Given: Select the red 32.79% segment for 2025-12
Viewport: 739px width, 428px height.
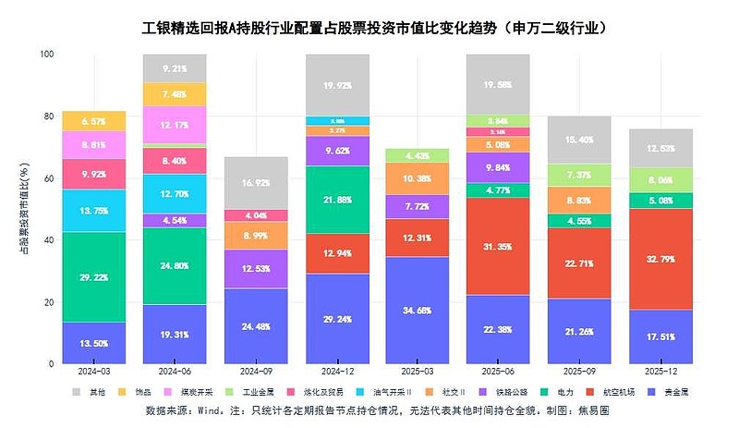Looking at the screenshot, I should click(660, 260).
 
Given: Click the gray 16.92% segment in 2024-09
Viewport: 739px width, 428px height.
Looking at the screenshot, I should click(255, 183).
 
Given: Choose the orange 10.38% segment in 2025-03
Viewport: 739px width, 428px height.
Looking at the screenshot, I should click(417, 178).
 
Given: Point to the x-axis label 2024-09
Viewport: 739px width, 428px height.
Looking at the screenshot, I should click(255, 372).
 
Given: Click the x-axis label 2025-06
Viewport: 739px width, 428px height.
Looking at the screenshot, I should click(498, 372).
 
